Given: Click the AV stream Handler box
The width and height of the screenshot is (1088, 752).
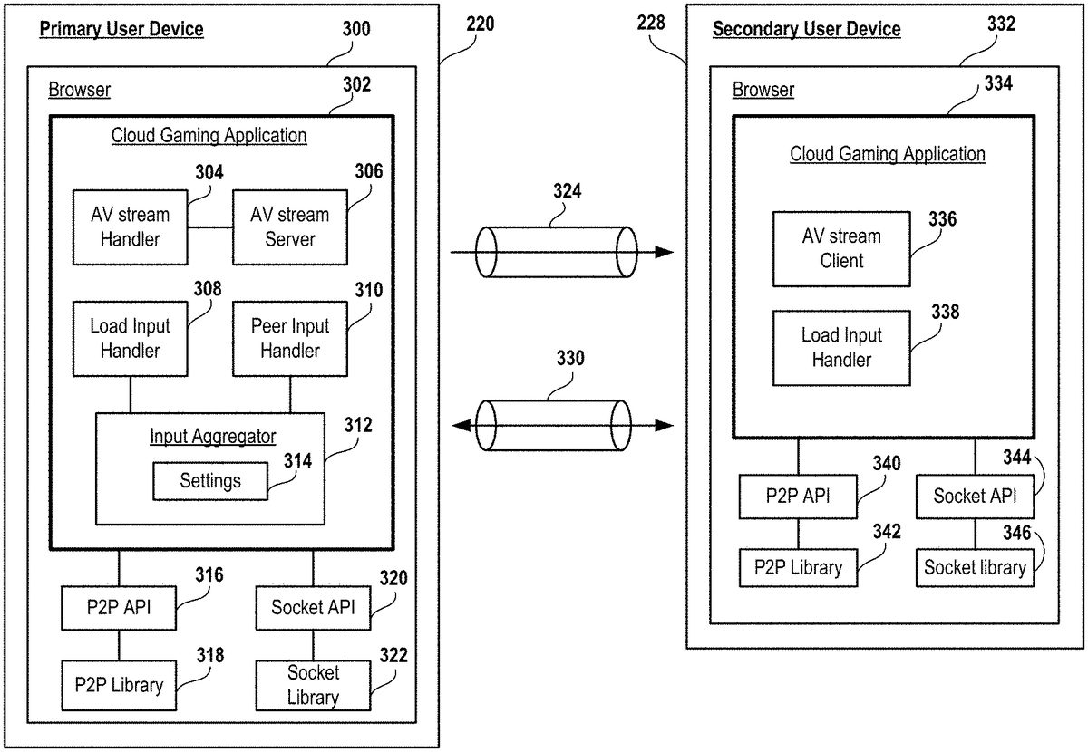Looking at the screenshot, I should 131,227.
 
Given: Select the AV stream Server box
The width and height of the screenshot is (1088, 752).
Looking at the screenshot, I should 290,227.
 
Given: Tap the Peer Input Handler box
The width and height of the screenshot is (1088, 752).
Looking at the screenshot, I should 290,338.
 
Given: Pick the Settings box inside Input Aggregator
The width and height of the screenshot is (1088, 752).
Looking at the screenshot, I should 210,481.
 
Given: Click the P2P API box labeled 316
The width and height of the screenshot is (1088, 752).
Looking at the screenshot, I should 119,607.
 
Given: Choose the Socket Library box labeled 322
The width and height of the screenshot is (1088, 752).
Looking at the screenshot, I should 313,686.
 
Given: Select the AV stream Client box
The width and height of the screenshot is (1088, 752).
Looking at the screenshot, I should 840,248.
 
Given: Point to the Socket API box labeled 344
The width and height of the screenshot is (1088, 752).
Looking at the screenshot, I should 975,496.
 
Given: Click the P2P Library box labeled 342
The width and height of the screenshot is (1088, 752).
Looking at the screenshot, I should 798,568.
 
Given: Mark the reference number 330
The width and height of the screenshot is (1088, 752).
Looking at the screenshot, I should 570,358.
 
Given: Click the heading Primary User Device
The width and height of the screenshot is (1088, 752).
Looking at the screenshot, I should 121,29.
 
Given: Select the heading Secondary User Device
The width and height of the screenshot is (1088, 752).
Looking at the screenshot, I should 806,29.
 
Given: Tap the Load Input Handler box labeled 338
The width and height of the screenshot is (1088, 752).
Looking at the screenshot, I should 840,348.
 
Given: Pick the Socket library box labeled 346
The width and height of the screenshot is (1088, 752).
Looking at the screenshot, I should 975,568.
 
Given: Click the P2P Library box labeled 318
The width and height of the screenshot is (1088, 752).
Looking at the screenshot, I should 119,686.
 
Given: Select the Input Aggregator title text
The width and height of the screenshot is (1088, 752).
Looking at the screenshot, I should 212,437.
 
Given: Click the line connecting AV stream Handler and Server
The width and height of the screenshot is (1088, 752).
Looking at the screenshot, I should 210,227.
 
